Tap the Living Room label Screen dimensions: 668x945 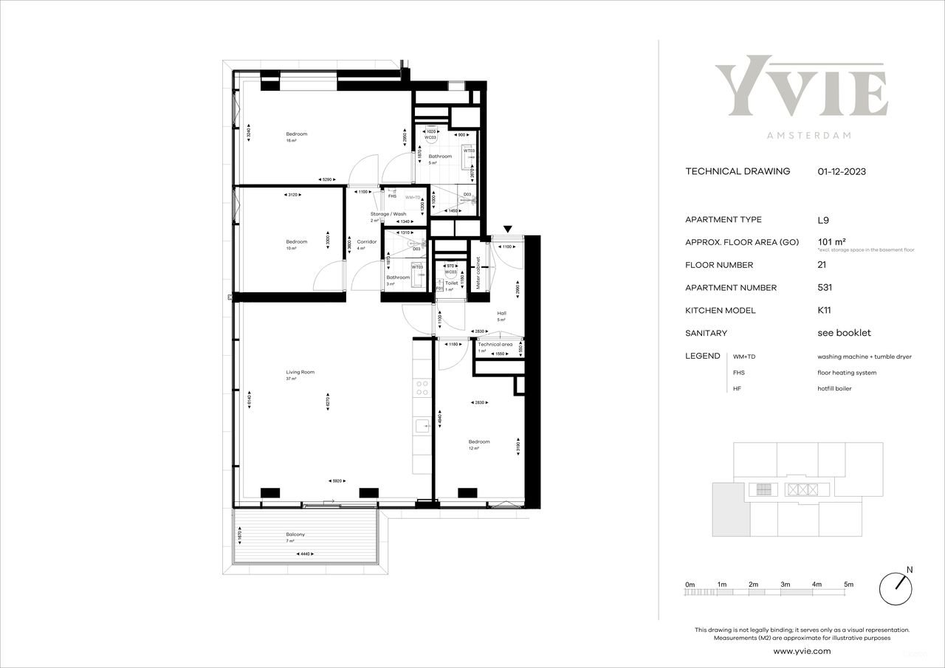(x=300, y=372)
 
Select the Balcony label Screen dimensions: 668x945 (x=295, y=534)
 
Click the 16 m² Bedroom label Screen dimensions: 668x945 (x=297, y=134)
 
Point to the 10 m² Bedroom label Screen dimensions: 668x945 (x=297, y=241)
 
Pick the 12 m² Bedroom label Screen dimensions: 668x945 (x=478, y=441)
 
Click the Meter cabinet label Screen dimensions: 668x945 (x=478, y=272)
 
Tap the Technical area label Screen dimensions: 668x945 (x=495, y=344)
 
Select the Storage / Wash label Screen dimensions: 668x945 (x=388, y=214)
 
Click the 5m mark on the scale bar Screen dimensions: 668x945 (x=848, y=584)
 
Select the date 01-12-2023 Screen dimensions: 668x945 (x=842, y=171)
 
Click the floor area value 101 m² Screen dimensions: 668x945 (x=831, y=241)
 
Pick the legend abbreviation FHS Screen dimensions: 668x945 (x=738, y=373)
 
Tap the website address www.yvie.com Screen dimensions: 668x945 (x=802, y=651)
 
